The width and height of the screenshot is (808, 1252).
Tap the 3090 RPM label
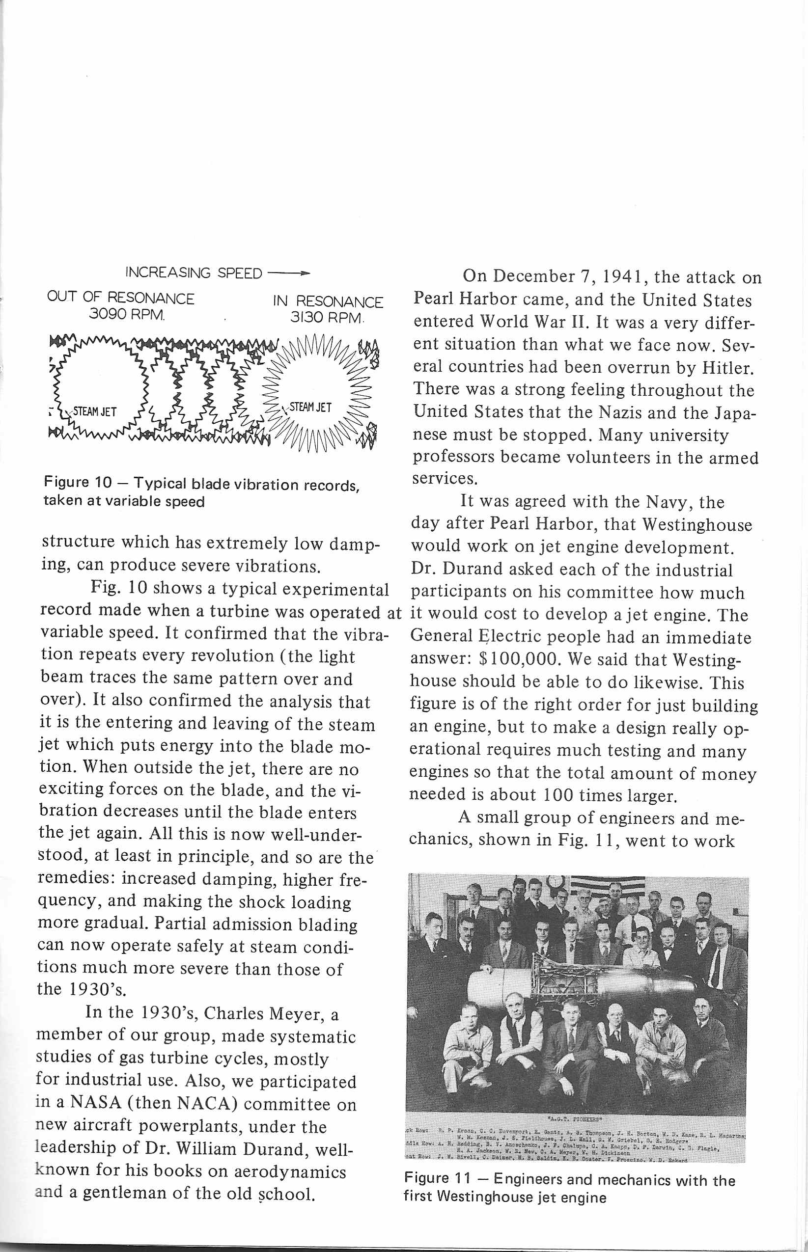126,315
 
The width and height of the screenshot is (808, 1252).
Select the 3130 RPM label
326,318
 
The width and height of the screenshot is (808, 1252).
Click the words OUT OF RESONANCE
121,298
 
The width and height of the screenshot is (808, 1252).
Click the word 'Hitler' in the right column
728,368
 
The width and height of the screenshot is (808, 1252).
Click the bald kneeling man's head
615,1009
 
